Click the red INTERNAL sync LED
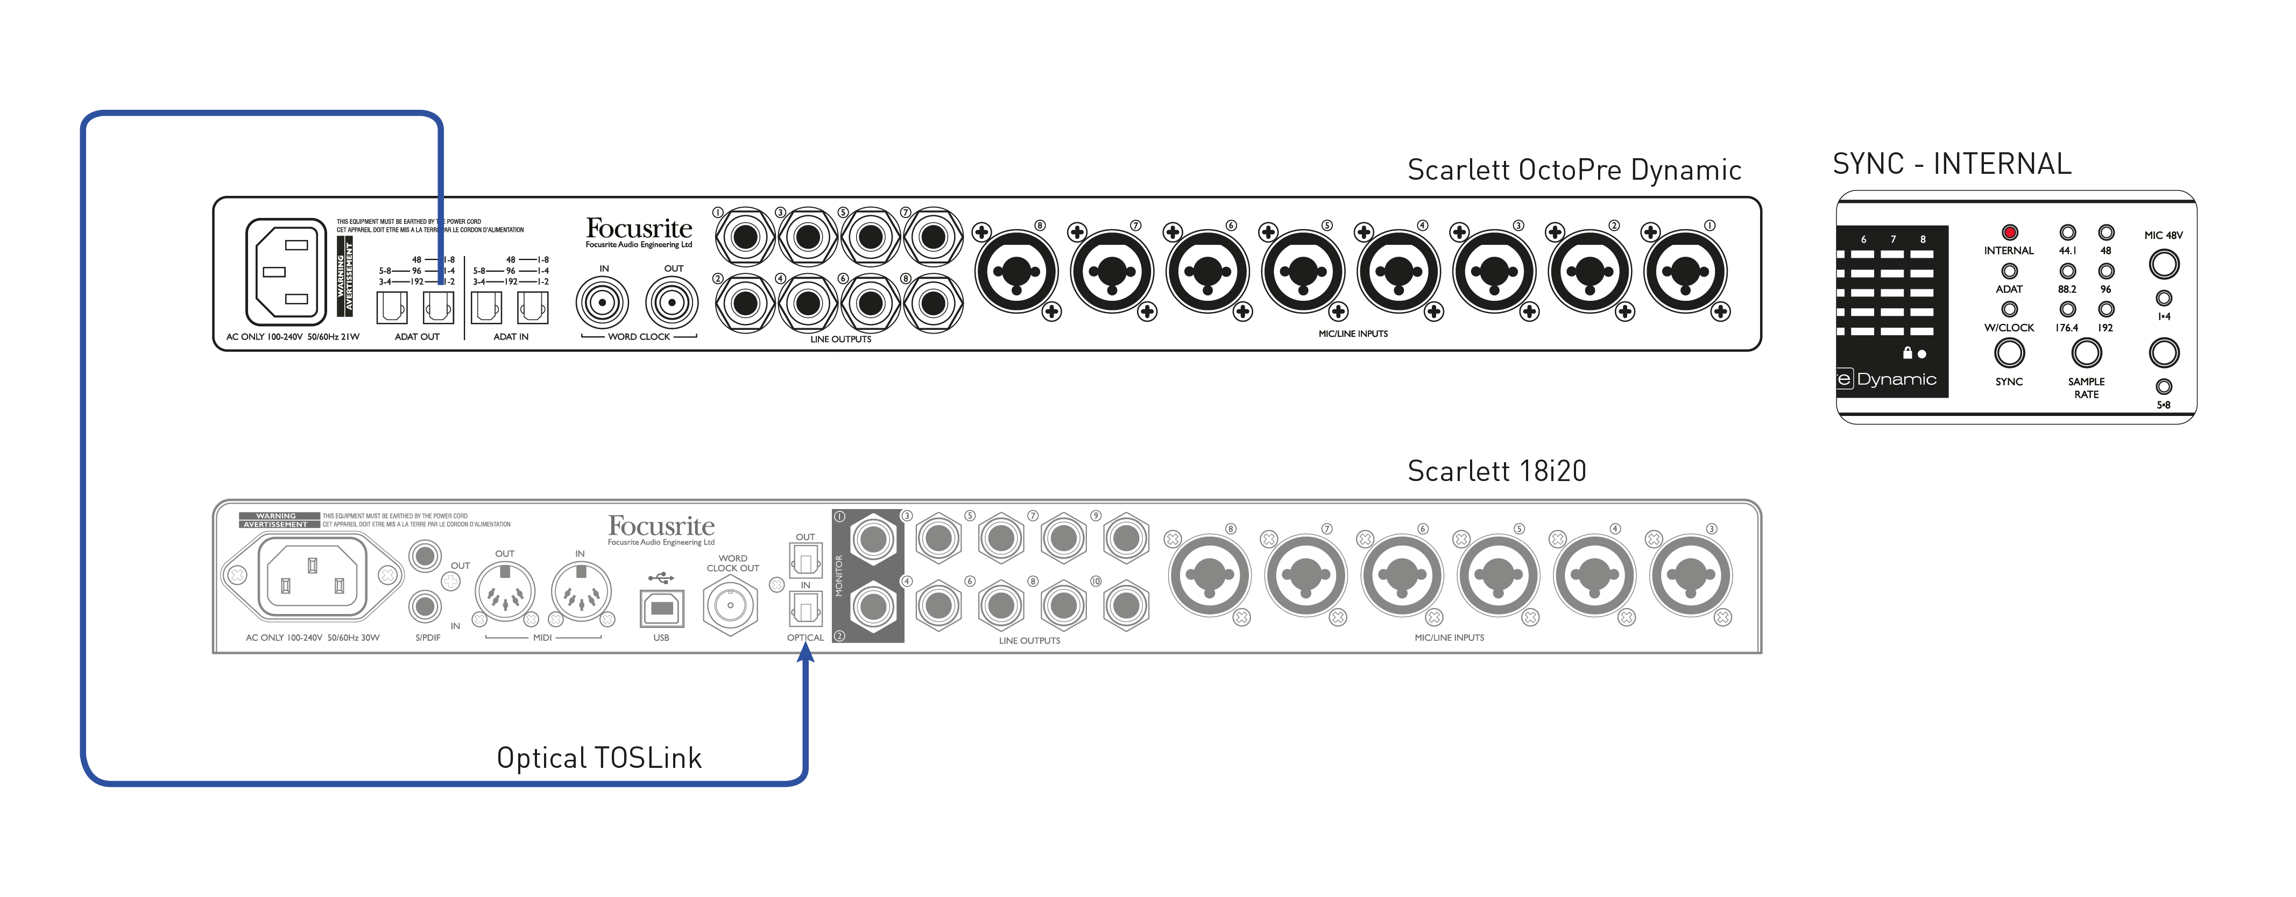click(2009, 232)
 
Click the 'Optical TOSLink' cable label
click(599, 758)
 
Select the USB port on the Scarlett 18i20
click(661, 609)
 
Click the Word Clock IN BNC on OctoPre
click(603, 302)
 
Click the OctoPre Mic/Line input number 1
click(1685, 271)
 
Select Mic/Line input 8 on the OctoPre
click(1016, 271)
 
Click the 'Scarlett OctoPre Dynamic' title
click(1574, 169)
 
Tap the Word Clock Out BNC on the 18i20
click(730, 605)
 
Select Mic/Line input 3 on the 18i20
click(1690, 576)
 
